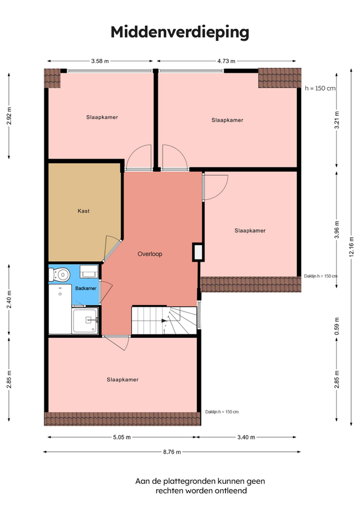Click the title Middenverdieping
[x=180, y=32]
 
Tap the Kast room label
[x=83, y=211]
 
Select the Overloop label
[x=149, y=254]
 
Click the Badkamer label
[x=86, y=288]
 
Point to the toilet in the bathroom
[x=59, y=275]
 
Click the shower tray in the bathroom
[x=85, y=321]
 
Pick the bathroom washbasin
[x=89, y=272]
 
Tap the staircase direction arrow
[x=164, y=321]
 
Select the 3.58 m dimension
[x=100, y=61]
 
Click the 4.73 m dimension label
[x=226, y=61]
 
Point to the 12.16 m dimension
[x=352, y=247]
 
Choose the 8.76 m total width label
[x=172, y=452]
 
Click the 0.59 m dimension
[x=337, y=326]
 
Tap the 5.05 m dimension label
[x=122, y=437]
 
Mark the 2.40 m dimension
[x=9, y=300]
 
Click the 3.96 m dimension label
[x=337, y=229]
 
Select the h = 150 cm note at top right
[x=320, y=88]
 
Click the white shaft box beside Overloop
[x=197, y=252]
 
